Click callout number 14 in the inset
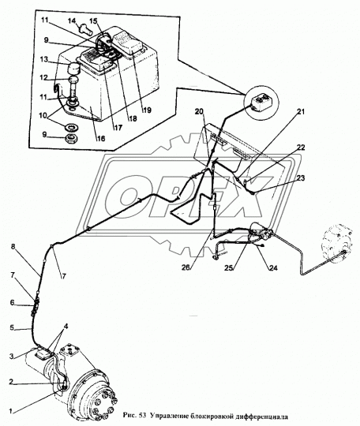point(72,21)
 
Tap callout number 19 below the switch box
point(148,110)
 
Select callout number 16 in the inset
point(100,139)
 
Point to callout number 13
point(43,59)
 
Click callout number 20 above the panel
point(200,112)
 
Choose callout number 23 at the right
point(301,178)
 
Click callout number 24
point(273,268)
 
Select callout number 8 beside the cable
point(13,247)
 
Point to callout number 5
point(11,328)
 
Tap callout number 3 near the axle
point(11,357)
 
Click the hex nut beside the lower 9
point(73,139)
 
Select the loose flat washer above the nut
point(72,127)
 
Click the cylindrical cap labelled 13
point(73,68)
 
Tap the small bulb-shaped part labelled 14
point(84,29)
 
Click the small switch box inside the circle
point(261,103)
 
